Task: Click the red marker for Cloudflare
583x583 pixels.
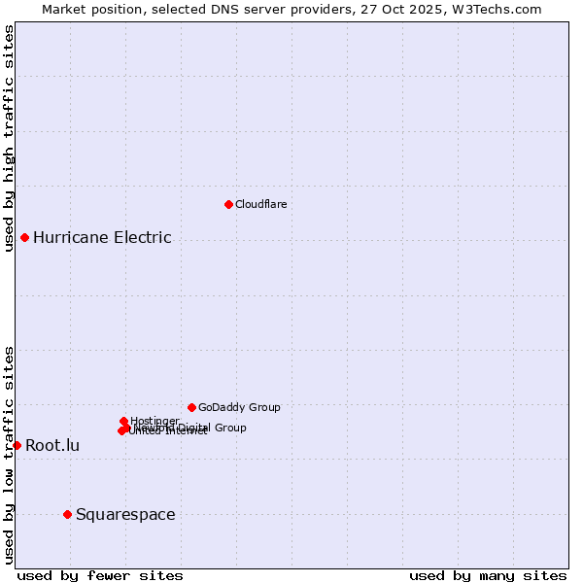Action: pyautogui.click(x=228, y=204)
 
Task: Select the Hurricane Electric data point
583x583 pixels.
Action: pyautogui.click(x=24, y=237)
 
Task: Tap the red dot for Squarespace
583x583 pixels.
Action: pyautogui.click(x=67, y=514)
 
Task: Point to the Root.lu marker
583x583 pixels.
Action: pyautogui.click(x=17, y=445)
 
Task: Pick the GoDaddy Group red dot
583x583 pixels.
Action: pyautogui.click(x=191, y=407)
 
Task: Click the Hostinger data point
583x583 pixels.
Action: pyautogui.click(x=123, y=421)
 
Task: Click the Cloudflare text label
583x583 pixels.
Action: pyautogui.click(x=260, y=204)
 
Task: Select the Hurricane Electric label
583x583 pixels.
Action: pyautogui.click(x=102, y=237)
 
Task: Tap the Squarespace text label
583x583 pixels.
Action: pyautogui.click(x=125, y=514)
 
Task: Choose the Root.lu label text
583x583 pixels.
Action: pyautogui.click(x=52, y=445)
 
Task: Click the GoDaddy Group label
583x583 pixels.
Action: pyautogui.click(x=239, y=407)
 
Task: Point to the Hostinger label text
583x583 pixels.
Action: pyautogui.click(x=154, y=421)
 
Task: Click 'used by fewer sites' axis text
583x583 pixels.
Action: pyautogui.click(x=100, y=575)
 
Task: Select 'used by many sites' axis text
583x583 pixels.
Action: pyautogui.click(x=488, y=575)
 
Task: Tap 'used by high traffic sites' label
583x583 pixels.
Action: pyautogui.click(x=9, y=138)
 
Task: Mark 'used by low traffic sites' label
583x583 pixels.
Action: pyautogui.click(x=9, y=454)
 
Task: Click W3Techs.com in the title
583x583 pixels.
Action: pyautogui.click(x=500, y=9)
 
